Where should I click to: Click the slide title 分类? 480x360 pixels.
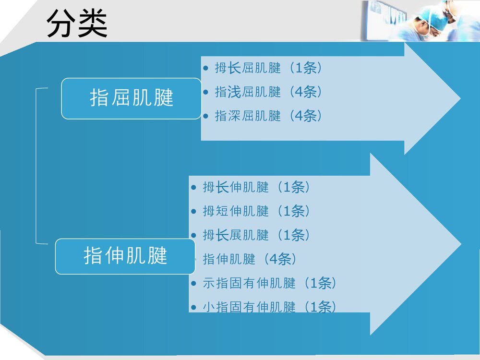click(x=77, y=24)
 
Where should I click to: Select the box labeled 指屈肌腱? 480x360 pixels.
click(x=131, y=98)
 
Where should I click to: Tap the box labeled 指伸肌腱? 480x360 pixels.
click(x=125, y=256)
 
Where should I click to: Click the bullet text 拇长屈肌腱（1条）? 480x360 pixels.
click(x=268, y=68)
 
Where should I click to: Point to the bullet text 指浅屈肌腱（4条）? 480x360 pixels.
click(x=268, y=92)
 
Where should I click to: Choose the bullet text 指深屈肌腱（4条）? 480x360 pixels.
click(x=268, y=116)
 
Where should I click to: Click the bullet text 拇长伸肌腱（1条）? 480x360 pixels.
click(x=256, y=187)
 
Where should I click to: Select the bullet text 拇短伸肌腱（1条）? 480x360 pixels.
click(x=256, y=211)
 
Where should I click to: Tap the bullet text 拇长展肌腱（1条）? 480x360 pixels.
click(x=256, y=235)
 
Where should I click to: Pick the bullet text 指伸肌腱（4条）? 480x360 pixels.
click(x=250, y=260)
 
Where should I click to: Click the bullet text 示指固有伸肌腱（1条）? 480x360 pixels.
click(x=269, y=284)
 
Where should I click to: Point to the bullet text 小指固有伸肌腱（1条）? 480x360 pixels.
click(x=269, y=307)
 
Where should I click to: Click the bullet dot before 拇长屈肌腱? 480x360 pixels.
click(x=206, y=68)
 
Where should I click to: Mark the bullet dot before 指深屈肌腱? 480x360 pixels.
click(x=206, y=116)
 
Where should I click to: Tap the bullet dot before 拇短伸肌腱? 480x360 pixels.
click(x=193, y=211)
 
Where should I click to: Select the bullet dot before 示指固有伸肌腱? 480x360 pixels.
click(x=193, y=284)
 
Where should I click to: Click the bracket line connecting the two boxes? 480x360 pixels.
click(x=36, y=166)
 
